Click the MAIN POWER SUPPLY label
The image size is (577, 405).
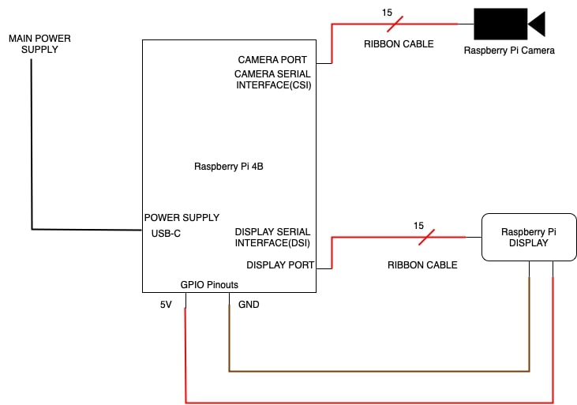33,43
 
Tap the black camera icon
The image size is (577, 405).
505,24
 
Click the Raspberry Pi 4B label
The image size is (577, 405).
228,167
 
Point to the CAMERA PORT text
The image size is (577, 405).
272,60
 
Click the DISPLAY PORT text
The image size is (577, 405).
280,265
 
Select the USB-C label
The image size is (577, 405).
167,234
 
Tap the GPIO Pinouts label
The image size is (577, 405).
209,285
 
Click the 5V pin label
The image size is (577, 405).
166,305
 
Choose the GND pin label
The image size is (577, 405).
249,305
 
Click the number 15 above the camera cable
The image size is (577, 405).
387,13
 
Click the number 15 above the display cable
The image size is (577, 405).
418,226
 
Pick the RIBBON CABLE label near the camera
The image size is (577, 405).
399,44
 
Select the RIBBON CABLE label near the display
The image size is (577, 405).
422,265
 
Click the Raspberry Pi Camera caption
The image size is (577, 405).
509,51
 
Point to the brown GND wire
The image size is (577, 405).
379,370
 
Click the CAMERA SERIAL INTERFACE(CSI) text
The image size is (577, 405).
273,80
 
